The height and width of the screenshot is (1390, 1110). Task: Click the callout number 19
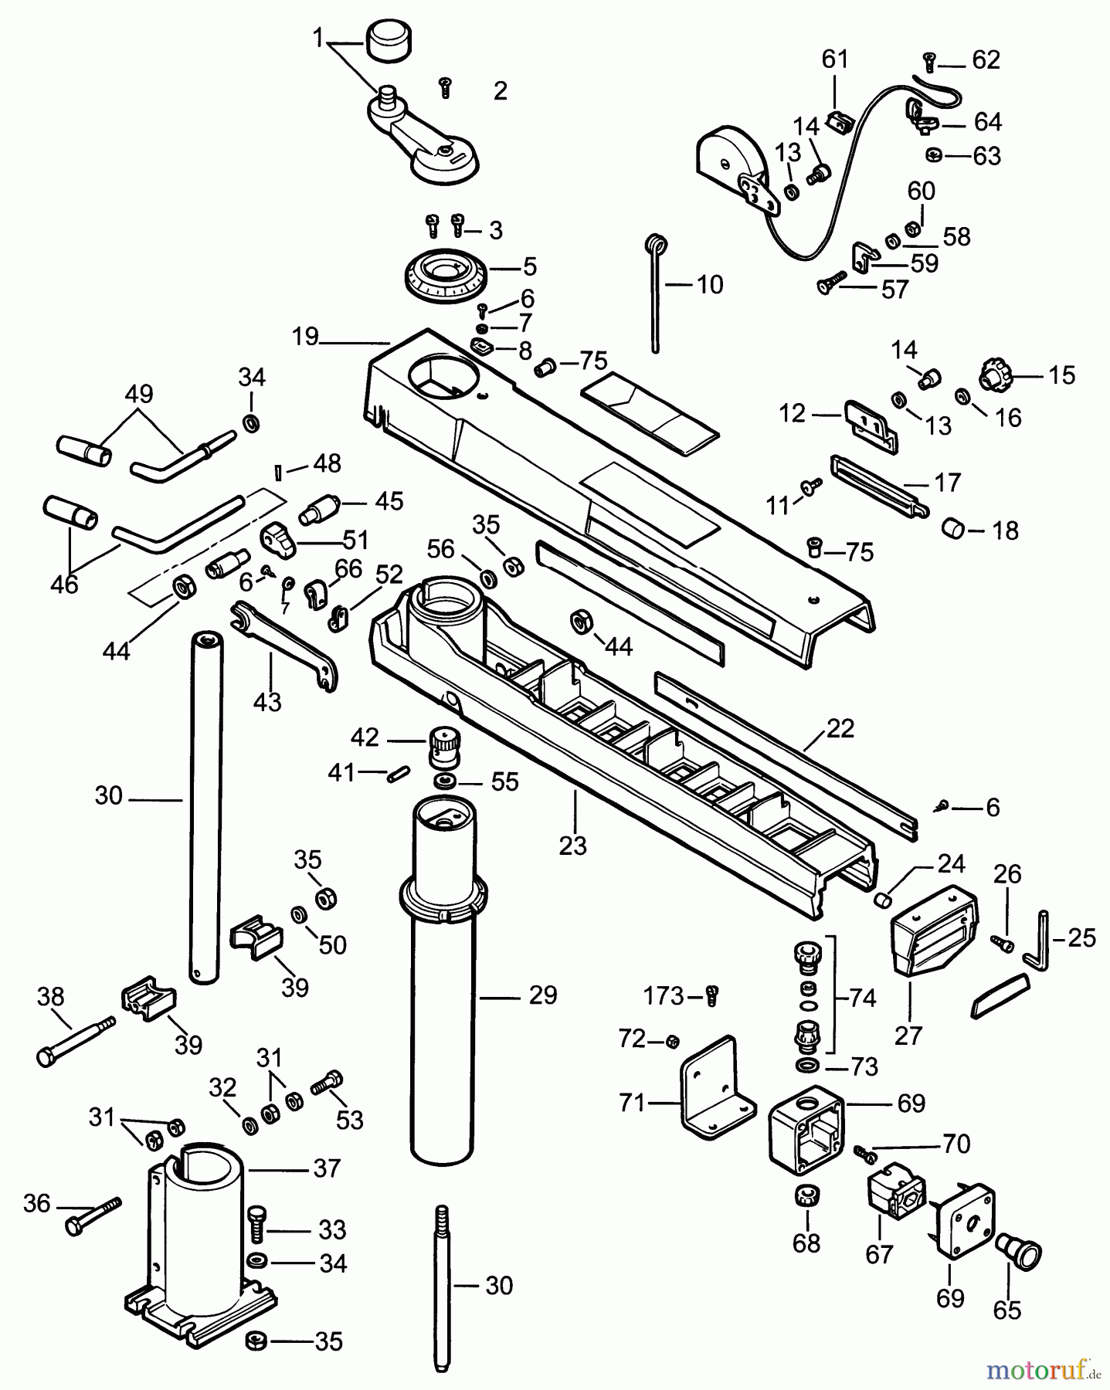coord(305,337)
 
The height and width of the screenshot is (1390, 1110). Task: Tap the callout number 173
coord(663,996)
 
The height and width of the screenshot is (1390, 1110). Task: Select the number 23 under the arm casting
coord(573,846)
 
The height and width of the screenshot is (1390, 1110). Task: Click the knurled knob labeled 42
coord(444,747)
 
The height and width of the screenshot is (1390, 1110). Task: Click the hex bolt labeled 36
coord(93,1216)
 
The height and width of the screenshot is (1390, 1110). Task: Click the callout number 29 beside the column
coord(542,995)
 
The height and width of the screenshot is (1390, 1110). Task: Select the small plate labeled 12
coord(869,422)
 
